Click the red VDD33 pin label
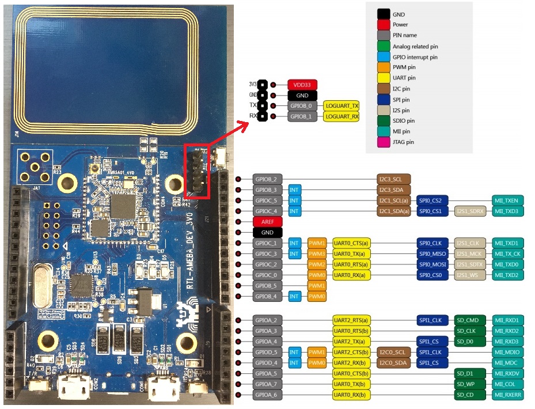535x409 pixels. point(302,85)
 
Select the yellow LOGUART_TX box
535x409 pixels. point(342,106)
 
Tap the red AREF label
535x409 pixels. point(267,222)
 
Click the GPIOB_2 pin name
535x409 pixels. point(267,179)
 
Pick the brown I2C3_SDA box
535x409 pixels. point(394,190)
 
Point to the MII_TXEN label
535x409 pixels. point(506,200)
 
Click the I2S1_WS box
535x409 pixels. point(471,275)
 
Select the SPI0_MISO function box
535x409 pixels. point(432,254)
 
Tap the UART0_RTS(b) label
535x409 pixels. point(351,331)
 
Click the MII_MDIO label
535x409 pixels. point(506,352)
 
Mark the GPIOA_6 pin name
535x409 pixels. point(267,395)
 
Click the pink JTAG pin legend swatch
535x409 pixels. point(383,142)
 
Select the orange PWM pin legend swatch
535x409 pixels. point(383,67)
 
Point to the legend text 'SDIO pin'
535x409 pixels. point(403,121)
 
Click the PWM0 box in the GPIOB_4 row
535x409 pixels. point(317,297)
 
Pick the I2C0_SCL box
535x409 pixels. point(394,352)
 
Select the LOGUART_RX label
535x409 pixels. point(342,117)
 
